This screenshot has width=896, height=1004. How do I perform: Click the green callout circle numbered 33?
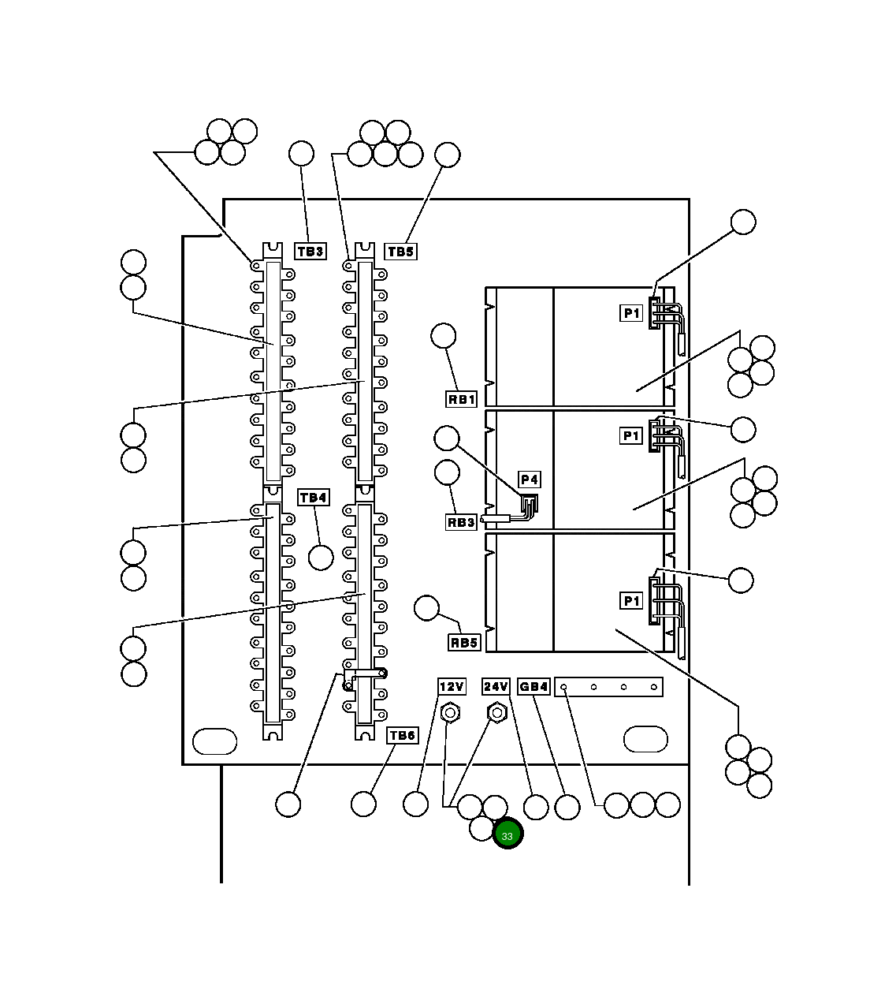[x=507, y=835]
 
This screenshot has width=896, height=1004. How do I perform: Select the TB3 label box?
[x=310, y=252]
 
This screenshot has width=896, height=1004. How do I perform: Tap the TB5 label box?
[x=400, y=252]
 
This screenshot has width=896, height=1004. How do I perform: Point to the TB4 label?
[x=313, y=498]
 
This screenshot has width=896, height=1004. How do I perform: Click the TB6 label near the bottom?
[x=401, y=735]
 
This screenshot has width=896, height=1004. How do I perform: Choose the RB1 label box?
[x=462, y=399]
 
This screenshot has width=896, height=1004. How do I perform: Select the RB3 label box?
[x=462, y=522]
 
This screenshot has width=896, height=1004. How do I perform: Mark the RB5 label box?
[x=464, y=643]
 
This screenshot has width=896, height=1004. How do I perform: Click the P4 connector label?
[x=530, y=480]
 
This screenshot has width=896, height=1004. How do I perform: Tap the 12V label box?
[x=452, y=687]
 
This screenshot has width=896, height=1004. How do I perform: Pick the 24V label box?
[x=496, y=687]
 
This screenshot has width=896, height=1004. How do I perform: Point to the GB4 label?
[x=534, y=687]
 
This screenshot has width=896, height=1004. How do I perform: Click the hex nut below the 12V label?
[x=451, y=713]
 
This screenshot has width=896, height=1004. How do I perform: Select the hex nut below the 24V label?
[x=496, y=713]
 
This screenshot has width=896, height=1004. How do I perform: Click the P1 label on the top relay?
[x=631, y=313]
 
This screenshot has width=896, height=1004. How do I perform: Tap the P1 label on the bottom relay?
[x=631, y=601]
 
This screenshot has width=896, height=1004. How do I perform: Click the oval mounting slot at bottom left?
[x=215, y=741]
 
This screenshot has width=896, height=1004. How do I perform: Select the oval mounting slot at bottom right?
[x=645, y=739]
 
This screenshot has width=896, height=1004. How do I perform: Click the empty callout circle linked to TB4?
[x=321, y=558]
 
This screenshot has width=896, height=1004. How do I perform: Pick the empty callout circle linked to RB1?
[x=444, y=336]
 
